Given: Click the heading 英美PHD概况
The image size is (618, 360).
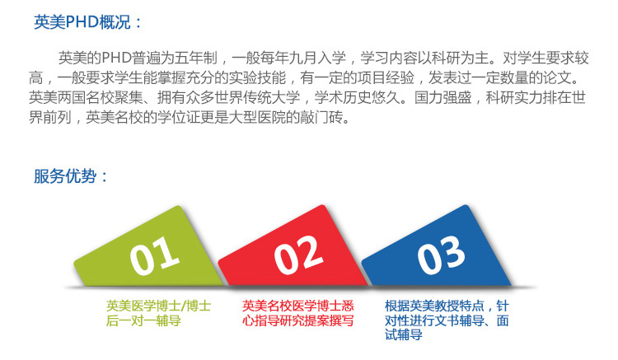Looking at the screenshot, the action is coord(82,22).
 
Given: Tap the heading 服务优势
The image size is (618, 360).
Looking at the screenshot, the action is coord(65,175).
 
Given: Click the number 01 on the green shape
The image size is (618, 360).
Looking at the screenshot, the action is coord(154,255).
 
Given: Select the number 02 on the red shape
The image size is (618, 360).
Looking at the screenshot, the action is coord(298,255).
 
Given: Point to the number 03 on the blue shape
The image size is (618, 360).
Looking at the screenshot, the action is coord(441,255).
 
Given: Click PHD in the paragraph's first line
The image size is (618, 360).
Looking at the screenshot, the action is coord(117,58).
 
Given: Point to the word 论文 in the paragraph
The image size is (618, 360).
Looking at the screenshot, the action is coord(557,77).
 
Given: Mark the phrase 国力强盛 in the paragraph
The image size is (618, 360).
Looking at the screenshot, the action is coord(443,97).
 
